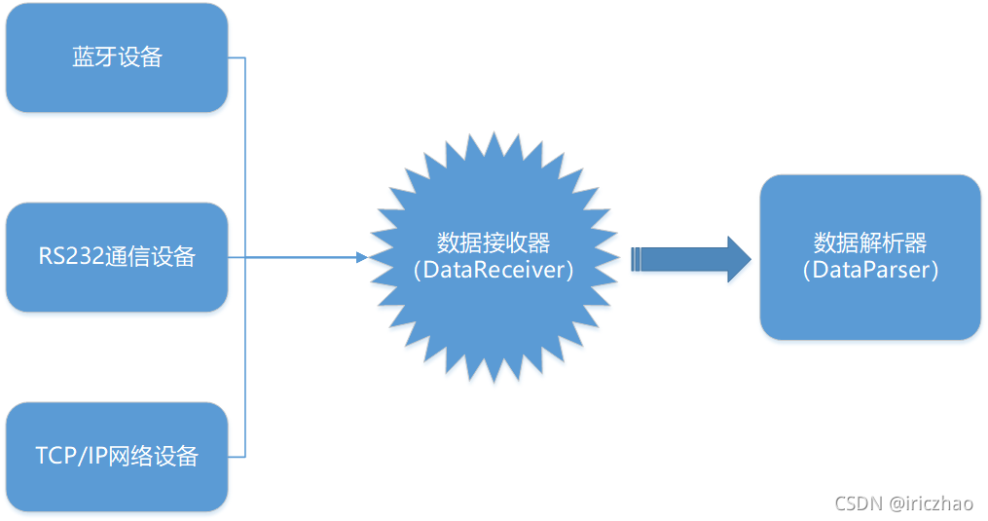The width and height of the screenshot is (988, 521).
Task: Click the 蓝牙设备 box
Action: pyautogui.click(x=117, y=57)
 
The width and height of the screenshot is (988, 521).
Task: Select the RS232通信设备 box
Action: pyautogui.click(x=117, y=257)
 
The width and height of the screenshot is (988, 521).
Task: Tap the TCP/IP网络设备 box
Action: pyautogui.click(x=117, y=457)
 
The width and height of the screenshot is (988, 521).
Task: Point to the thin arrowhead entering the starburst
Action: pyautogui.click(x=362, y=257)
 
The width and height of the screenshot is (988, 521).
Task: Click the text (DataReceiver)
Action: pyautogui.click(x=494, y=271)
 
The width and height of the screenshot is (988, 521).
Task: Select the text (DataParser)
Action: pyautogui.click(x=870, y=271)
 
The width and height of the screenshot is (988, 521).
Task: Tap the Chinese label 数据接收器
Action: pyautogui.click(x=494, y=242)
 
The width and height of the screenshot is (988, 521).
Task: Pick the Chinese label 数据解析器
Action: pyautogui.click(x=870, y=242)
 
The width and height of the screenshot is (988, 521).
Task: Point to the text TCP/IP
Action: pyautogui.click(x=71, y=457)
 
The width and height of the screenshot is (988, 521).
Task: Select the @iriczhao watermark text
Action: pyautogui.click(x=931, y=502)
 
